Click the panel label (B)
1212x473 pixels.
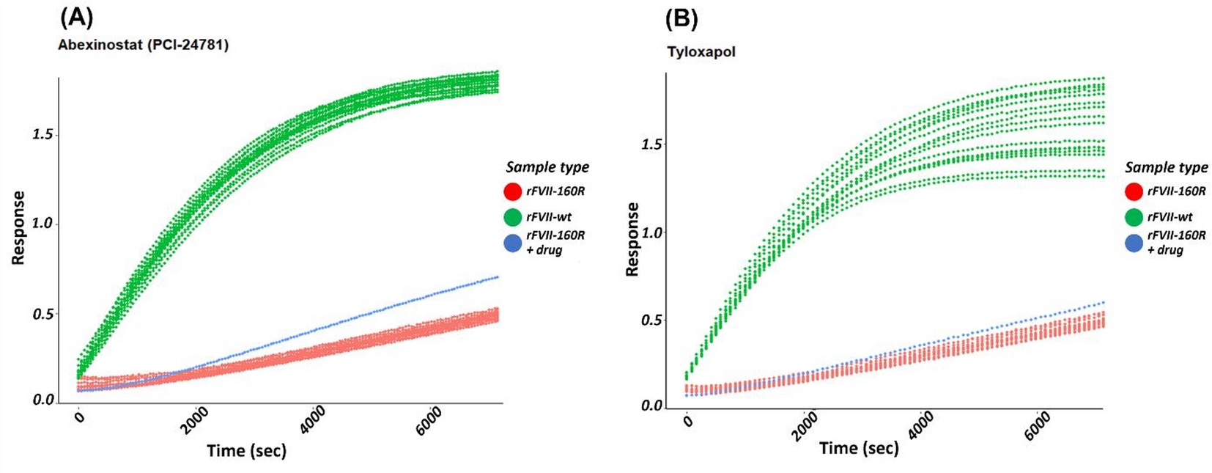pos(681,18)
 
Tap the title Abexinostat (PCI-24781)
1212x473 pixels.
pos(143,45)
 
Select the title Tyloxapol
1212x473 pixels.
pos(701,52)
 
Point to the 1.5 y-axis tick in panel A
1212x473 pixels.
pos(43,135)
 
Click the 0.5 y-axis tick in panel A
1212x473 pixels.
pos(43,314)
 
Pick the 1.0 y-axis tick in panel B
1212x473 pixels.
pos(651,233)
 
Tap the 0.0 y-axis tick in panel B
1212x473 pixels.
pos(651,406)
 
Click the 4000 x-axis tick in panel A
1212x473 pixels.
pos(313,421)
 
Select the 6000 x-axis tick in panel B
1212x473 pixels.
pos(1038,426)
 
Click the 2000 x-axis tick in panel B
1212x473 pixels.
pos(805,426)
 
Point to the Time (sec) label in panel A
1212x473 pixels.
pos(246,450)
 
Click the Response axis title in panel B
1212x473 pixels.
pos(632,239)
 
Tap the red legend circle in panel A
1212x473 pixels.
pos(513,192)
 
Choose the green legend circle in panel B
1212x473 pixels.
pos(1134,217)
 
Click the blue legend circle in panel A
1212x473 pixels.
pos(513,243)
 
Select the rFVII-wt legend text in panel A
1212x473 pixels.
pos(548,217)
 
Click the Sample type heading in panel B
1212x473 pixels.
pos(1167,167)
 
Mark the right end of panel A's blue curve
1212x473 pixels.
pos(498,277)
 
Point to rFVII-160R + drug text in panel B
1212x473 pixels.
pos(1175,242)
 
